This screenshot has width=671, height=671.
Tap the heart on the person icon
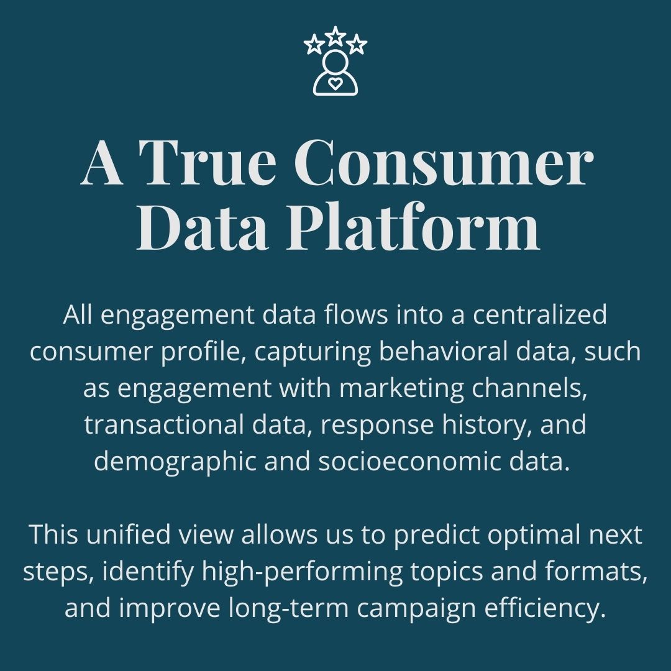coord(335,83)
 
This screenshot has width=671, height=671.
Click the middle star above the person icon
coord(335,35)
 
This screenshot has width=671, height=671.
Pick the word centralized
coord(539,315)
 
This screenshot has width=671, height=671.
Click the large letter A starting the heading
coord(102,163)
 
